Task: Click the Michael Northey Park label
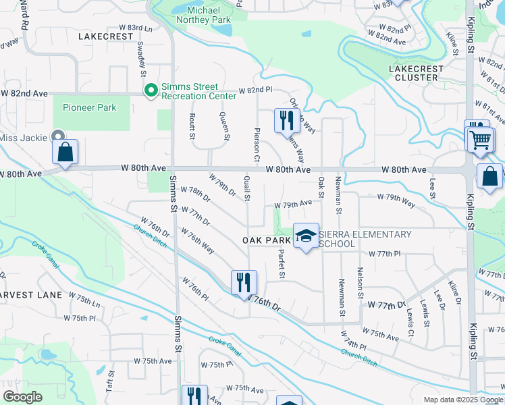point(204,16)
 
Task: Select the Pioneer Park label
point(89,107)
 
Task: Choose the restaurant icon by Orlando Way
point(287,120)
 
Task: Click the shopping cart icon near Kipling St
point(480,139)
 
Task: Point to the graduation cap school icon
point(306,236)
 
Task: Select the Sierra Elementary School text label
point(365,238)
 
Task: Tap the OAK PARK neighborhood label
point(267,240)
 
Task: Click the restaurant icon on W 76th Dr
point(244,282)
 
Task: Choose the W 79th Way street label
point(396,200)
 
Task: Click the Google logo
point(22,397)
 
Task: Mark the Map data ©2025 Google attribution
point(462,400)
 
